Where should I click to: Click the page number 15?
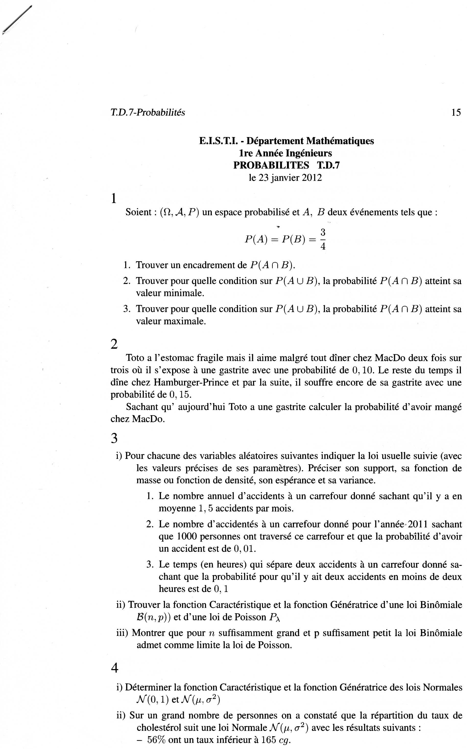[456, 112]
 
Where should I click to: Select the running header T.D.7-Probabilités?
[148, 112]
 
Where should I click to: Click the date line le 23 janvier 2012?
[285, 178]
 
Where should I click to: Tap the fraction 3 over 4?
[323, 239]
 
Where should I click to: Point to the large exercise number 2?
[114, 344]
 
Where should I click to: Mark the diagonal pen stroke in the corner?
[17, 20]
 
